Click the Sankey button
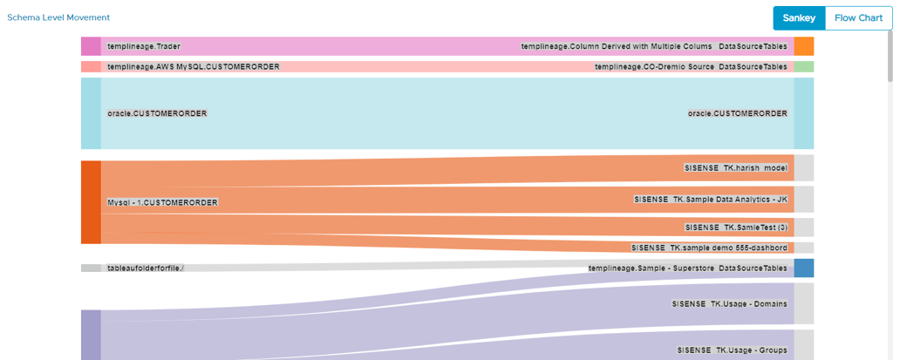pos(799,18)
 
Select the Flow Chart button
pos(858,18)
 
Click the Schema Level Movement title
pos(58,17)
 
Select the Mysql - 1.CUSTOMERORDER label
pos(162,202)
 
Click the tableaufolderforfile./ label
pos(146,268)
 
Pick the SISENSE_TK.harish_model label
pos(736,167)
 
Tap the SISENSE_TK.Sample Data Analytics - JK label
pos(711,200)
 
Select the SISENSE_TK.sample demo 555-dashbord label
pos(709,248)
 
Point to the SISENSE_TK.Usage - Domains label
pos(730,304)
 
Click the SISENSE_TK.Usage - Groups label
pos(733,350)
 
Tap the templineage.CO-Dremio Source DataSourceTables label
pos(691,66)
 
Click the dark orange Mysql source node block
pos(91,202)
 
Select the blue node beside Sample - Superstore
pos(803,268)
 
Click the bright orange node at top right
pos(803,46)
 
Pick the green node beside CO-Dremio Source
pos(803,66)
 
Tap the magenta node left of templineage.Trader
pos(91,46)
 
